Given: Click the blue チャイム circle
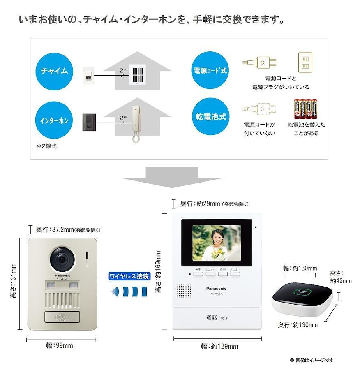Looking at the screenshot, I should coord(54,71).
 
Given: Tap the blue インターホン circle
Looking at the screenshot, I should coord(54,121).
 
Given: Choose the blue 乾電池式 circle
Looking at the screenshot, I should coord(210,117).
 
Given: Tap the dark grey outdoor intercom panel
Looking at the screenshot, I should coord(90,122).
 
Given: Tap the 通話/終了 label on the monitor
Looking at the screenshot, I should coord(217,317).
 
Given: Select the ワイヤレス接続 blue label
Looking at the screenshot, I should coord(129,276).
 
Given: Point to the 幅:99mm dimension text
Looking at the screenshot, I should coord(59,345).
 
